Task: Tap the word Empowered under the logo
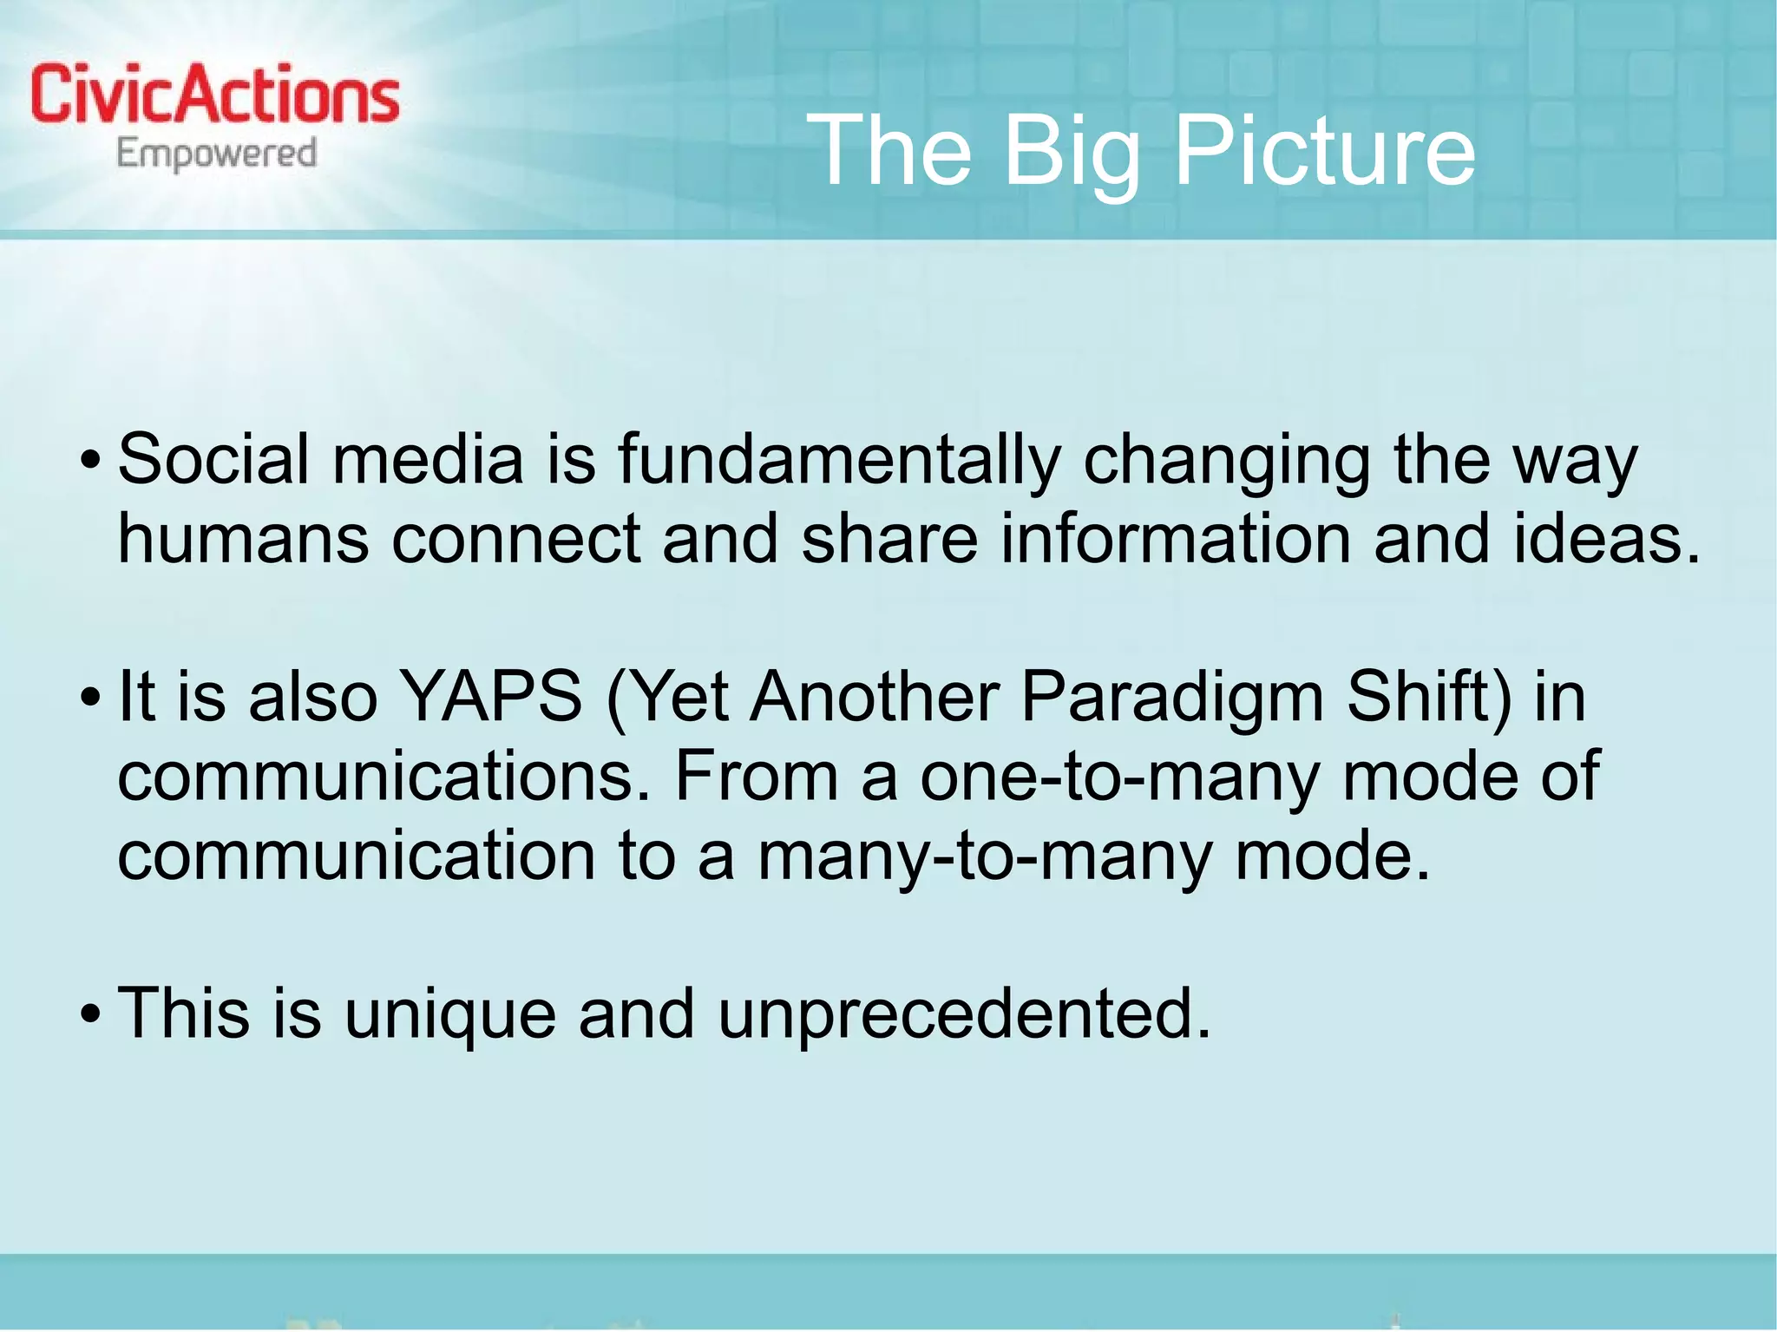(x=216, y=154)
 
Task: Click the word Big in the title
(x=1071, y=152)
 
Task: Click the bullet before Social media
(x=90, y=461)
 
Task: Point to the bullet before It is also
(x=90, y=698)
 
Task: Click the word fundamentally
(x=839, y=459)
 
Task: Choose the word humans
(x=244, y=539)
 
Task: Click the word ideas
(x=1606, y=539)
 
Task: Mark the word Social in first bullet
(x=213, y=459)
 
